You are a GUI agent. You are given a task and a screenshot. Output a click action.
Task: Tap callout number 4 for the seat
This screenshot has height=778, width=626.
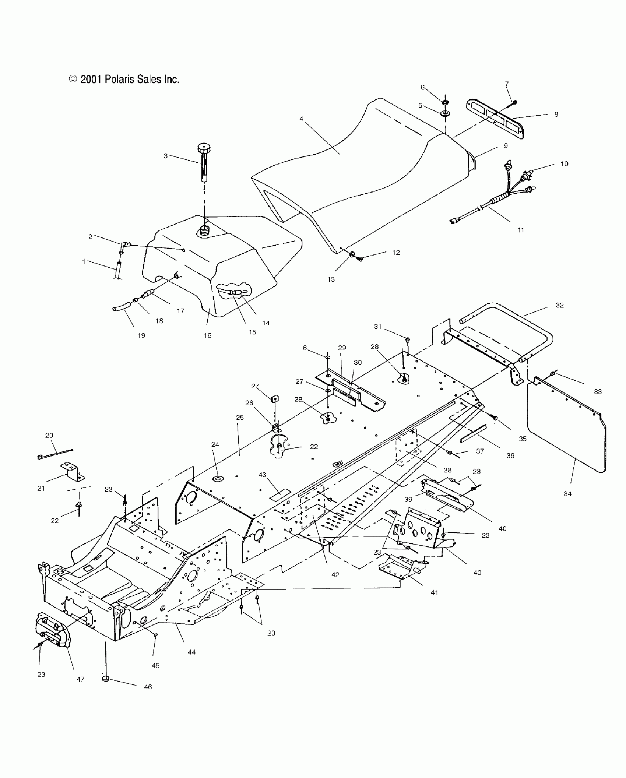tap(301, 119)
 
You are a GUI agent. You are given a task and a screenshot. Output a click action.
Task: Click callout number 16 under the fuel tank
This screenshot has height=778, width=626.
tap(208, 335)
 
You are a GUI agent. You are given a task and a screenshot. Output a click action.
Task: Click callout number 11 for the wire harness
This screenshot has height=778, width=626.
tap(521, 230)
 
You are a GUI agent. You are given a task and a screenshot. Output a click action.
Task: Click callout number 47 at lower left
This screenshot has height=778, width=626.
tap(81, 679)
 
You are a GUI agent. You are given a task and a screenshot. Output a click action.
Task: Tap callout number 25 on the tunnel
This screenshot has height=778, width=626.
tap(240, 418)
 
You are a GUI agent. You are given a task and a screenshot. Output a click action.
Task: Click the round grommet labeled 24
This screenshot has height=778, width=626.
tap(218, 479)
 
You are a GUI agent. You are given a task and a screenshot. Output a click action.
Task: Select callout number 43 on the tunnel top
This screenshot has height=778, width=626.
tap(262, 475)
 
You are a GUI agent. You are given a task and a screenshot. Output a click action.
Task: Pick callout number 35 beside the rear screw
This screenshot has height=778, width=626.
tap(523, 439)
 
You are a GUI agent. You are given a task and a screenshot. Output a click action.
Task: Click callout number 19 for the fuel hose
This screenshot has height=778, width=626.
tap(141, 335)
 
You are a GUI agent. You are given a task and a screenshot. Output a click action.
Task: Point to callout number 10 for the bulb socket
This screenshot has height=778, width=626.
tap(565, 164)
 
